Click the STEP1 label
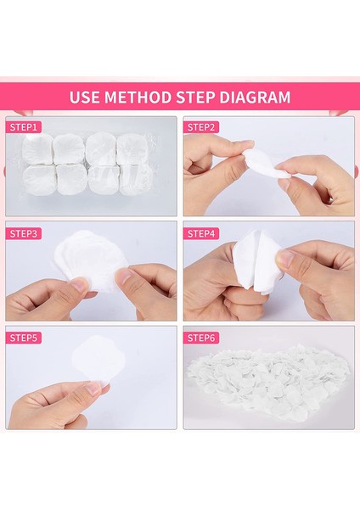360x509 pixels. point(24,127)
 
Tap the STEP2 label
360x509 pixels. point(201,127)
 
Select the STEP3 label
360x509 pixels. point(24,233)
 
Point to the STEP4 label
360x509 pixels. point(201,233)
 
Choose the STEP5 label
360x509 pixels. point(24,338)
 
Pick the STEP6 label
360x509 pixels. point(201,338)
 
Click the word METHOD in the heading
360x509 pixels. point(138,97)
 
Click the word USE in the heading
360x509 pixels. point(84,97)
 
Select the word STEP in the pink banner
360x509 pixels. point(195,97)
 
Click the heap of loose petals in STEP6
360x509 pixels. point(270,383)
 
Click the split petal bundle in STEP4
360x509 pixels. point(256,260)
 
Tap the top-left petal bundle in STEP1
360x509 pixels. point(37,148)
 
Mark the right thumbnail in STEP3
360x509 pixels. point(124,277)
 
